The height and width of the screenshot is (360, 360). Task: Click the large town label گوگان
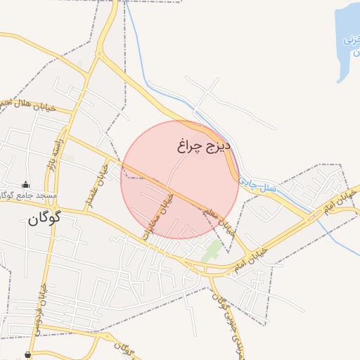click(x=45, y=219)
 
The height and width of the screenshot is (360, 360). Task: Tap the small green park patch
click(x=212, y=251)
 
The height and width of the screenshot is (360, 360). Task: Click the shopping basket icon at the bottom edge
click(x=27, y=355)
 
